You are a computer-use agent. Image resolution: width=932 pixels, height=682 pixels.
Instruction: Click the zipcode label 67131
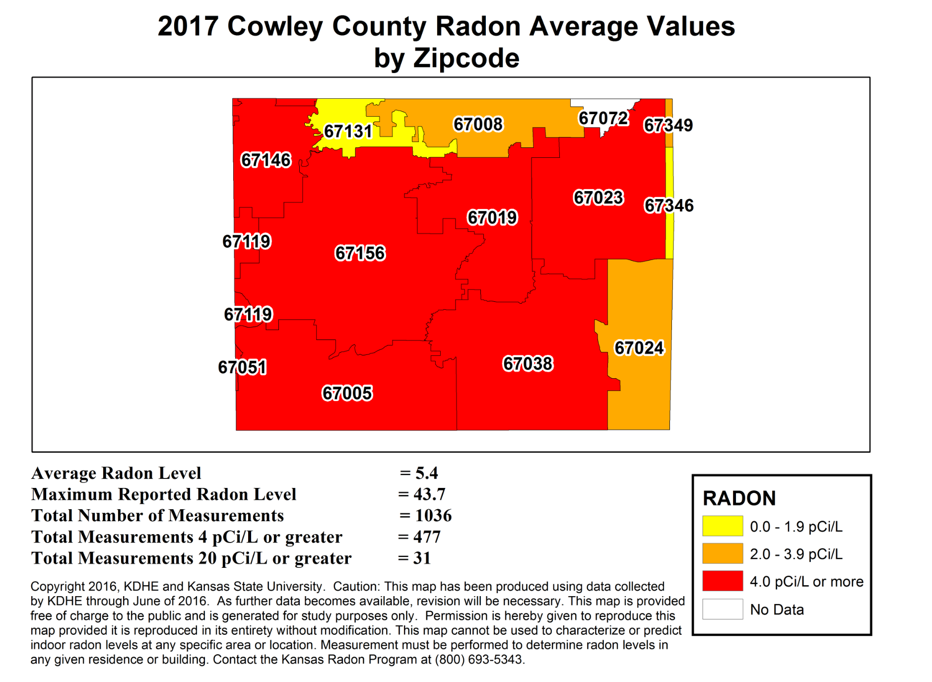click(348, 132)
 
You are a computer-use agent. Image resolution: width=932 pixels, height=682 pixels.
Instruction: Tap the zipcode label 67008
click(478, 124)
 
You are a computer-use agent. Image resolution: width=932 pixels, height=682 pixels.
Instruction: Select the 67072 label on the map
click(603, 119)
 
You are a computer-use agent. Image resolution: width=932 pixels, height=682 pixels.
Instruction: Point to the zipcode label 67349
click(668, 125)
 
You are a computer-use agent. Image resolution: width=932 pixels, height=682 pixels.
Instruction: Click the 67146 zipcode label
click(266, 160)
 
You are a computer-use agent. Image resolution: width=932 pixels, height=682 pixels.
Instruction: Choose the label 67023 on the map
click(598, 198)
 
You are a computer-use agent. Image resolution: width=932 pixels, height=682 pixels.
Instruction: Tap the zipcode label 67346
click(668, 205)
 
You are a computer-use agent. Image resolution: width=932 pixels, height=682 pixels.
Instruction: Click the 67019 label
click(492, 217)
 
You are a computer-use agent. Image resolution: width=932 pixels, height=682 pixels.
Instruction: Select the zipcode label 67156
click(360, 253)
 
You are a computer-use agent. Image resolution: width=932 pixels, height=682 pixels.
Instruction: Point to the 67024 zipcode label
click(639, 348)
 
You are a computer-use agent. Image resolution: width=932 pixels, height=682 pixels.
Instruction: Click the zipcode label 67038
click(528, 364)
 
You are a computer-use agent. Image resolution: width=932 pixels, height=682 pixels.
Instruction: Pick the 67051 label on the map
click(242, 367)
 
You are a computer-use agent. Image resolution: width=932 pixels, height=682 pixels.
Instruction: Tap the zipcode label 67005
click(347, 393)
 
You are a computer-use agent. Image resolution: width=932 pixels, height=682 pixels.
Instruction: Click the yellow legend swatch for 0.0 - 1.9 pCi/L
click(722, 526)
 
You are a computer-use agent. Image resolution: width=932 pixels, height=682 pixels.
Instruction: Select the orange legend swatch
click(722, 553)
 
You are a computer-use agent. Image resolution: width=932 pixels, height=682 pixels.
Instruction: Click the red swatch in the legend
click(722, 581)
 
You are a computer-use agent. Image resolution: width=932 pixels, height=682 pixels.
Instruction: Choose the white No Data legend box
click(722, 609)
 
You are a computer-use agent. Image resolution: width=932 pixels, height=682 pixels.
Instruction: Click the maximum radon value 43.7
click(429, 494)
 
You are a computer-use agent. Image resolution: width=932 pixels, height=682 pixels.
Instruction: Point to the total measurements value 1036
click(433, 516)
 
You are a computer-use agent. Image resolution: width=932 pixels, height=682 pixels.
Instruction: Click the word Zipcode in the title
click(466, 59)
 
